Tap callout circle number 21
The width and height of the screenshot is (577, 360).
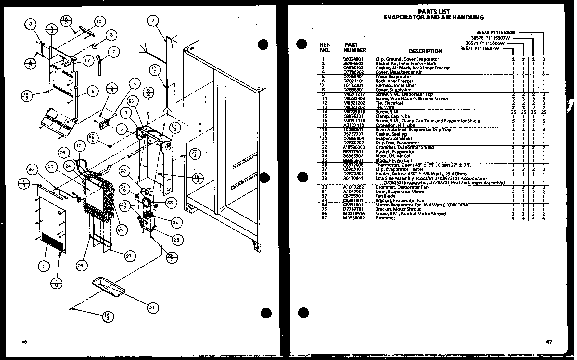(153, 308)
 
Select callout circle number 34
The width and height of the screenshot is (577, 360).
(175, 223)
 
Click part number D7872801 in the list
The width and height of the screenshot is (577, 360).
(353, 174)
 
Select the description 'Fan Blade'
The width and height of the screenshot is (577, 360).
(385, 196)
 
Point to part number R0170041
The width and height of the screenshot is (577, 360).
(353, 178)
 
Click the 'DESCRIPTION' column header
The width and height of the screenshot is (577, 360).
(425, 51)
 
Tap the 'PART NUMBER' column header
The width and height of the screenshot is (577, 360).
(355, 47)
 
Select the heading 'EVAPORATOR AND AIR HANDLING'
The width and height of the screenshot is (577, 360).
(434, 18)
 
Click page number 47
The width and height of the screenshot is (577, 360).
(549, 341)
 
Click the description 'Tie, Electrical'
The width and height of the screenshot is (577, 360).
(389, 103)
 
